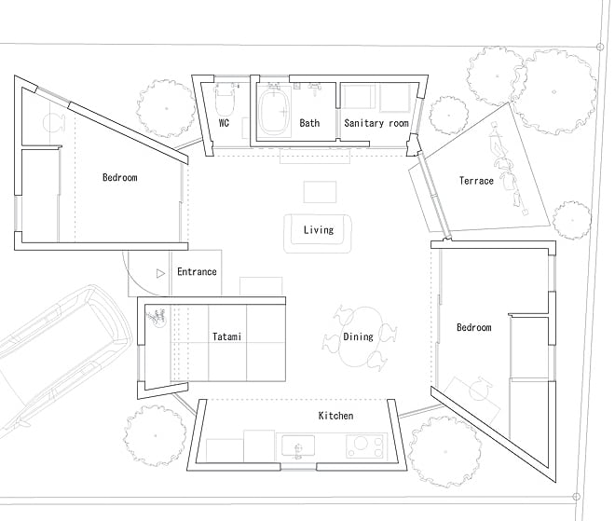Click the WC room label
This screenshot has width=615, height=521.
pyautogui.click(x=225, y=122)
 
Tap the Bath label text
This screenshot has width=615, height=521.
pyautogui.click(x=309, y=122)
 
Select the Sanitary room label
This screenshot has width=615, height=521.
pyautogui.click(x=376, y=122)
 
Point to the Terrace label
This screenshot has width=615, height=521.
pyautogui.click(x=476, y=180)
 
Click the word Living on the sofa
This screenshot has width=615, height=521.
pyautogui.click(x=319, y=229)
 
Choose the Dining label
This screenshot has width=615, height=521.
pyautogui.click(x=359, y=336)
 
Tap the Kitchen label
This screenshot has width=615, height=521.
pyautogui.click(x=335, y=415)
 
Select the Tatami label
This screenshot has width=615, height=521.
pyautogui.click(x=226, y=336)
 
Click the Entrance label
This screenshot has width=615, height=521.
pyautogui.click(x=197, y=272)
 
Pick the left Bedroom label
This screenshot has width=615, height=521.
pyautogui.click(x=120, y=177)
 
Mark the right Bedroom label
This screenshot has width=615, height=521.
pyautogui.click(x=473, y=327)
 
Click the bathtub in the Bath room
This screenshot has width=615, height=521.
pyautogui.click(x=274, y=114)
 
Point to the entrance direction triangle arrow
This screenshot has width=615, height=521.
pyautogui.click(x=161, y=273)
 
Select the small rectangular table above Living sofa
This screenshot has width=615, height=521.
pyautogui.click(x=320, y=190)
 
